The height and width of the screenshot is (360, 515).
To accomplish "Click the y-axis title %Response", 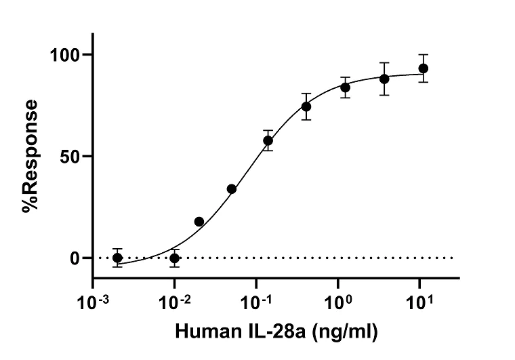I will [29, 157].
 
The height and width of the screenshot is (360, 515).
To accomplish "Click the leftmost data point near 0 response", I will [117, 258].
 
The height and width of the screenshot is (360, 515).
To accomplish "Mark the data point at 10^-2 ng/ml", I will [175, 258].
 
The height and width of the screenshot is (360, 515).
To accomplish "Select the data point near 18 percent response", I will [199, 222].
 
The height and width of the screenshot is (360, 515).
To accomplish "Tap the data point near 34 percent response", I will [232, 188].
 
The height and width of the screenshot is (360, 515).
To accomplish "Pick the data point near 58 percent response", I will [268, 140].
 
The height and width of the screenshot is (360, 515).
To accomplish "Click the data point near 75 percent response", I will [306, 106].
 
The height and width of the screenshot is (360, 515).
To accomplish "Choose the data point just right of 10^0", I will [346, 87].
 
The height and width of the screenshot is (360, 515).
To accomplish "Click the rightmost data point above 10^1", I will [424, 68].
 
